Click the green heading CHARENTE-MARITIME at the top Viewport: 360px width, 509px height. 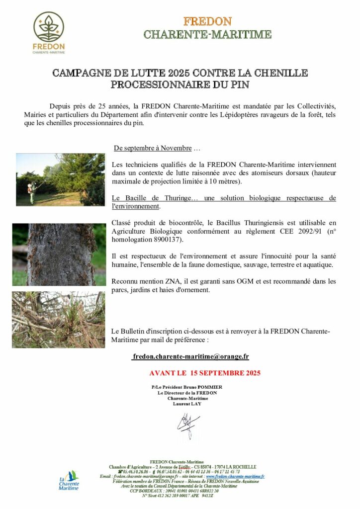point(207,34)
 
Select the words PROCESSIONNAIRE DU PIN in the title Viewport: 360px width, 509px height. point(180,85)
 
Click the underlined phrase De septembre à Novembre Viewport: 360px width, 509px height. point(153,148)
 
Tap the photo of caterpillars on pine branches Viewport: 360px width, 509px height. point(58,319)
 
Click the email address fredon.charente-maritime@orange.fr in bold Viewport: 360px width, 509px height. point(191,356)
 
